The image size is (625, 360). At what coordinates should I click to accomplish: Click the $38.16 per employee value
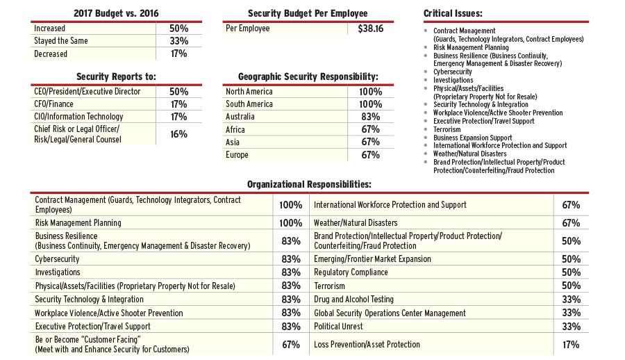tap(370, 29)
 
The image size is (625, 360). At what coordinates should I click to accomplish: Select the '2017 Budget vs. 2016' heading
tap(117, 13)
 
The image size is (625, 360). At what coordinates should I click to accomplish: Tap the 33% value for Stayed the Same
tap(178, 41)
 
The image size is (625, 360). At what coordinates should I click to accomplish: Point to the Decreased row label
tap(51, 54)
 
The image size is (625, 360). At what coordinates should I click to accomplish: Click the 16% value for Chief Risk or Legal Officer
tap(178, 134)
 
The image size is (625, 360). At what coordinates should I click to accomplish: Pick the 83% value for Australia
tap(370, 117)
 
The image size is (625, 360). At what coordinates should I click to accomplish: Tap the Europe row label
tap(237, 154)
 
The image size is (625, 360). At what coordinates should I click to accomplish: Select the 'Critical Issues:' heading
tap(453, 13)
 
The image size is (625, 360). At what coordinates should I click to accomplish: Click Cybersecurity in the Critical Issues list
tap(453, 72)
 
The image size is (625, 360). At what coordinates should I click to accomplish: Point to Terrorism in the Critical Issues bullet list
tap(447, 129)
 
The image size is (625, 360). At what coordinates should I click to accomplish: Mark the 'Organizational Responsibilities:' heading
tap(309, 184)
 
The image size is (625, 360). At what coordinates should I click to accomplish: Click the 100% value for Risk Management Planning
tap(290, 223)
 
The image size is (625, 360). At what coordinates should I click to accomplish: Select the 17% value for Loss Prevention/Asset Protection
tap(571, 345)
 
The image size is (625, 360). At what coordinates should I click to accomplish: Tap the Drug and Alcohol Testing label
tap(353, 300)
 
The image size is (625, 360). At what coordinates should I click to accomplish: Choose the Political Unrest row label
tap(338, 326)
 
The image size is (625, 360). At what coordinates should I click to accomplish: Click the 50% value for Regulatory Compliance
tap(571, 272)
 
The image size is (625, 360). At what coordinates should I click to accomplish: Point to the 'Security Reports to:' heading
tap(117, 76)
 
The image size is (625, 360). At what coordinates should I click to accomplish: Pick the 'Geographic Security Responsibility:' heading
tap(308, 76)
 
